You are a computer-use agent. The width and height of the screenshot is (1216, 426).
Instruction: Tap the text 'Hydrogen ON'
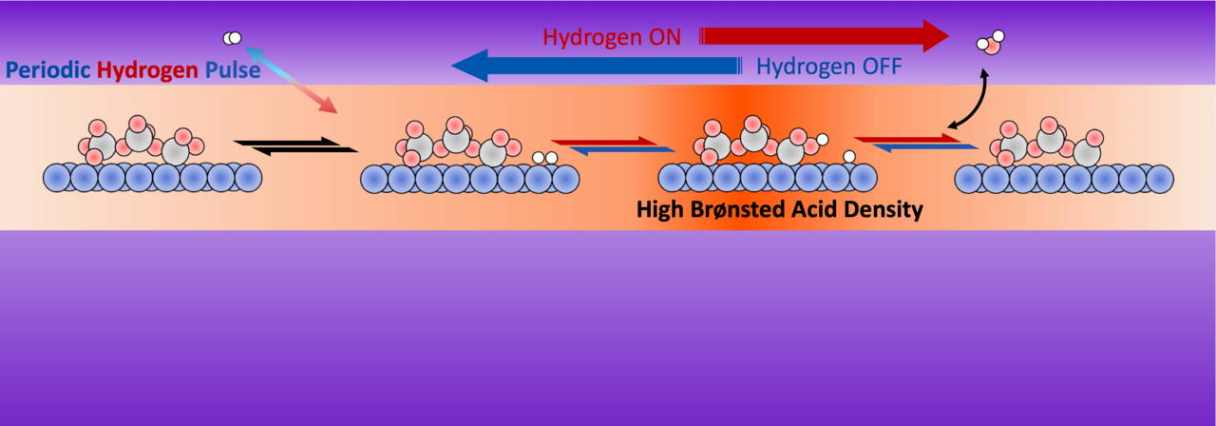click(612, 37)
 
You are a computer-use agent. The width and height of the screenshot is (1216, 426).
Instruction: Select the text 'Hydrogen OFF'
click(829, 68)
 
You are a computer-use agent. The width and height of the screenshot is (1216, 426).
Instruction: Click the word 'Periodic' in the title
click(47, 69)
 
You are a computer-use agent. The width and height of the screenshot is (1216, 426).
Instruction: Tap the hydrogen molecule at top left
click(232, 38)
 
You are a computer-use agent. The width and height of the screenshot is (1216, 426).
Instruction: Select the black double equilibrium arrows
click(295, 145)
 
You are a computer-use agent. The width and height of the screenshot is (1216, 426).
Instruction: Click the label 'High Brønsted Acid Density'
click(779, 210)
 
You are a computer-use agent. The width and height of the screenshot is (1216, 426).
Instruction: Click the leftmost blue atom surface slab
click(152, 177)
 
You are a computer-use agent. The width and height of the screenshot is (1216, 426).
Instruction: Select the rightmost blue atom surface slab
click(1064, 178)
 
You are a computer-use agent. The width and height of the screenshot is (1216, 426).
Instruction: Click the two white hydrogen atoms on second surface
click(544, 158)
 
